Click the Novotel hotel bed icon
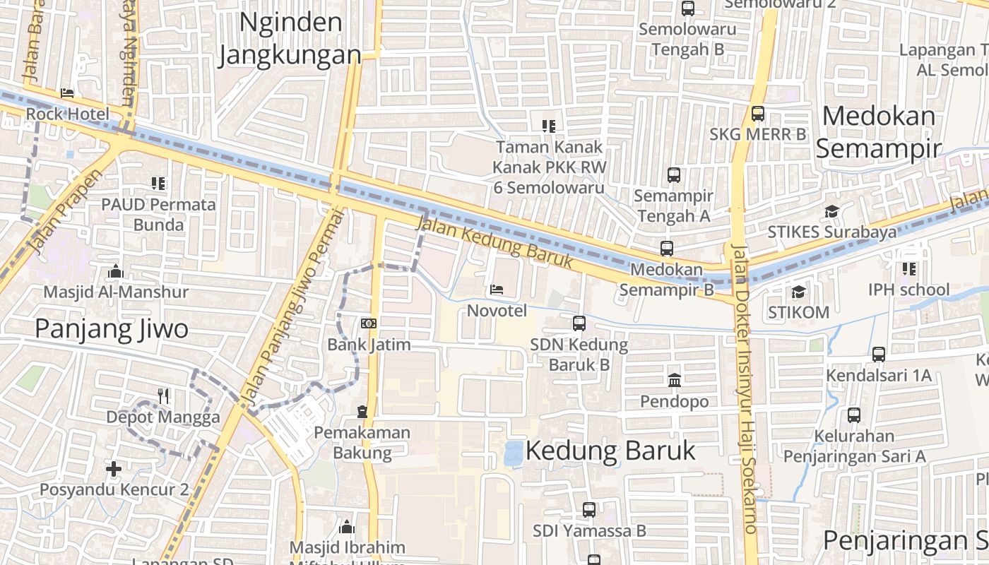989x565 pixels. (x=497, y=290)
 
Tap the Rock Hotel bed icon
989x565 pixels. (x=67, y=93)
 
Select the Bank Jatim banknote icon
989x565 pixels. (x=368, y=323)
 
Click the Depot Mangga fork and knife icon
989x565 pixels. (x=163, y=395)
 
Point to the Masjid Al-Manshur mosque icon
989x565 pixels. (x=115, y=271)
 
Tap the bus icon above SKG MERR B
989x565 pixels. (x=758, y=113)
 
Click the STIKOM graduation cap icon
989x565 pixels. (x=798, y=291)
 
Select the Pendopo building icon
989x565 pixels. (x=674, y=380)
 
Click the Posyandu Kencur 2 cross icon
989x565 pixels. (x=114, y=468)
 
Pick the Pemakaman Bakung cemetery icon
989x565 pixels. (x=362, y=411)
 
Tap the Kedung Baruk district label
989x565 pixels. (x=610, y=451)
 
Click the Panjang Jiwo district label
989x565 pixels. (x=112, y=328)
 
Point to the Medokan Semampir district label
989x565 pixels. (x=879, y=131)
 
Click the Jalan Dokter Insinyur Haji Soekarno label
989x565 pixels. (x=745, y=388)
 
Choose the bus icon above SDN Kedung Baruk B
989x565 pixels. (x=579, y=323)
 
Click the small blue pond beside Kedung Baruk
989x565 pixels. (x=514, y=453)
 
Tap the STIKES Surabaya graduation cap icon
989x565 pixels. (x=831, y=212)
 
